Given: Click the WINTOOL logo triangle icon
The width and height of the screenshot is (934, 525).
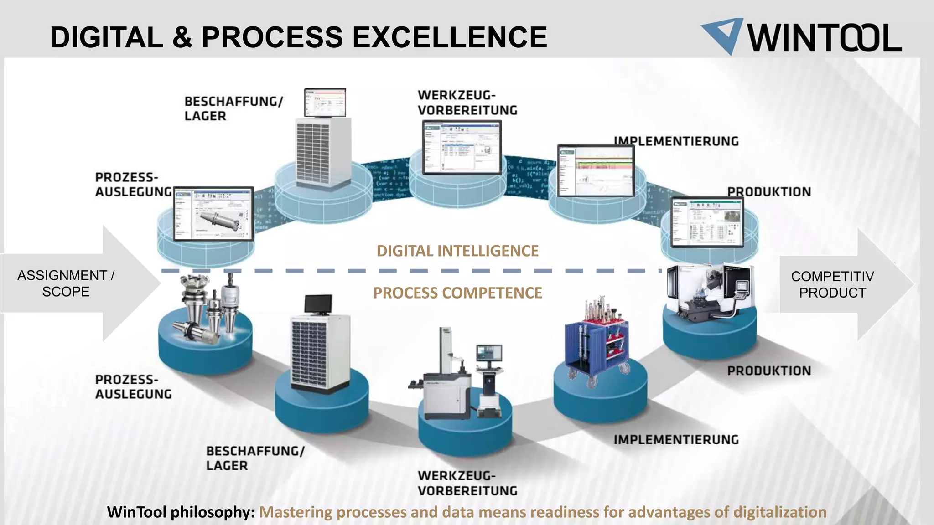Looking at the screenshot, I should (x=723, y=35).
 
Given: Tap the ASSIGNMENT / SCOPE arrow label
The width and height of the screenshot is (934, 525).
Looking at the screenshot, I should (x=66, y=283).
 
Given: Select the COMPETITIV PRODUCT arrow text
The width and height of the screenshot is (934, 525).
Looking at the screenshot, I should (x=832, y=284).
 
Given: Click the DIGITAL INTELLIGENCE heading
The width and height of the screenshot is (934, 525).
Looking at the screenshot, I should (x=457, y=251).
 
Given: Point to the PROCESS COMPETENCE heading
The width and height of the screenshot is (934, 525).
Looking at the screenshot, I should (x=457, y=293).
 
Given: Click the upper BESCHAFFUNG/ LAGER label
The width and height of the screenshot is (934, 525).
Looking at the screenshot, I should (x=233, y=108).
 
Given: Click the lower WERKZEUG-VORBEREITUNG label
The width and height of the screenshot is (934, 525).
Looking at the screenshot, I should (x=467, y=483).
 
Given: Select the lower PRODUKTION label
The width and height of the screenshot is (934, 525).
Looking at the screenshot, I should (x=769, y=371).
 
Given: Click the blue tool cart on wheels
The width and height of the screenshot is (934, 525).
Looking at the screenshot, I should (x=597, y=346).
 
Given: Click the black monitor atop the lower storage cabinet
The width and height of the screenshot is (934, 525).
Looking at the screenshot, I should (x=318, y=304).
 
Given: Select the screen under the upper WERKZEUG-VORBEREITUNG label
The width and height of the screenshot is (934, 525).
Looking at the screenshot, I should (x=462, y=147).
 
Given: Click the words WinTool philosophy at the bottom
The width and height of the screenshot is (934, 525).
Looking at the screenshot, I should (x=181, y=512).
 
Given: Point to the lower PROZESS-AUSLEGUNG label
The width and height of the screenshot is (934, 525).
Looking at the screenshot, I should (x=133, y=386).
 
